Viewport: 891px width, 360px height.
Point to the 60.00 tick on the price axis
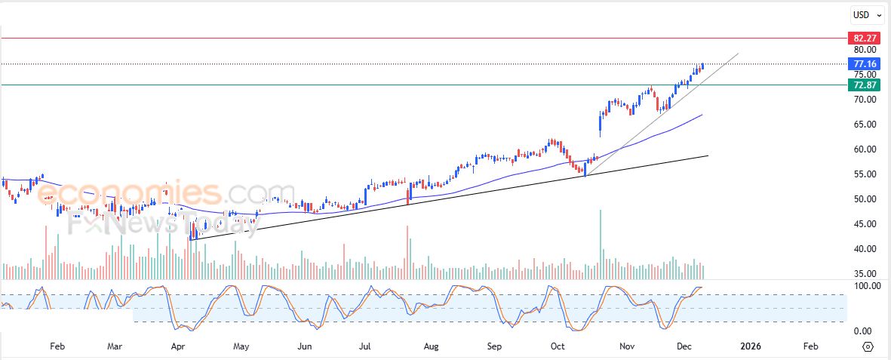(864, 149)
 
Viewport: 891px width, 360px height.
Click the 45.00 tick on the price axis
(864, 224)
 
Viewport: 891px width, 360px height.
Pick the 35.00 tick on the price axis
(864, 274)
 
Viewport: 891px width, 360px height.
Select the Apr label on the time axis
(179, 346)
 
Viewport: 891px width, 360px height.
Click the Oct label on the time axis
(558, 346)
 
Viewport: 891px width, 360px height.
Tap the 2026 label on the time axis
(751, 346)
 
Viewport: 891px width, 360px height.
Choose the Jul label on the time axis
(364, 346)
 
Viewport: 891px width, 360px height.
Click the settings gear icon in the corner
(868, 346)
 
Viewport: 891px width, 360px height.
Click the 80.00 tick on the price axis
(864, 50)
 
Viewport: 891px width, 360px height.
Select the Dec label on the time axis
(684, 346)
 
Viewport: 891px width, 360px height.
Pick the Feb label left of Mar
(57, 346)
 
